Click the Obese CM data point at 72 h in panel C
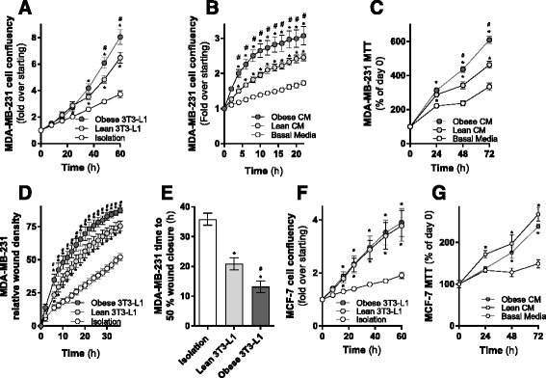(x=521, y=40)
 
